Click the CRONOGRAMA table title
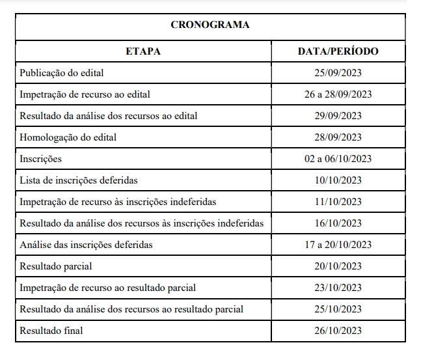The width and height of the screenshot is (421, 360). coord(210,25)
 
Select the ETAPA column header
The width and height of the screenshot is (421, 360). coord(143,51)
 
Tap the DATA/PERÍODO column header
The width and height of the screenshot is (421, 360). coord(338,51)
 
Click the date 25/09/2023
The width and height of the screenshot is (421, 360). coord(338,73)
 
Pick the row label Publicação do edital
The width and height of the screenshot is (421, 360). coord(62,73)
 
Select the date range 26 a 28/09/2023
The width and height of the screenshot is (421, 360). coord(338,94)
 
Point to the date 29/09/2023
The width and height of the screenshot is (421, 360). coord(338,116)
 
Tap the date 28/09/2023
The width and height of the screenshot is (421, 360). coord(338,137)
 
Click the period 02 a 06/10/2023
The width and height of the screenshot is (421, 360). coord(338,159)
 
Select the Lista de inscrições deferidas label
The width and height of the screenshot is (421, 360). coord(79,180)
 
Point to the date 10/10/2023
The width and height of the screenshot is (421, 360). coord(338,180)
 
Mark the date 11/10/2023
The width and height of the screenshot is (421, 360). coord(338,202)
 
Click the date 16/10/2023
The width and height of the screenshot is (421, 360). coord(338,223)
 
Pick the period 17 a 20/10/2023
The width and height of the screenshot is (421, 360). coord(338,245)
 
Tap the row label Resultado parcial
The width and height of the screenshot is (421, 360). coord(56,266)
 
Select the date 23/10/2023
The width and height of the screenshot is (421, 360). coord(338,288)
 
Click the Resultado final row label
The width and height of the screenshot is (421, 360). coord(51,331)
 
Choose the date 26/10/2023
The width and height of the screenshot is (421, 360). coord(338,331)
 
